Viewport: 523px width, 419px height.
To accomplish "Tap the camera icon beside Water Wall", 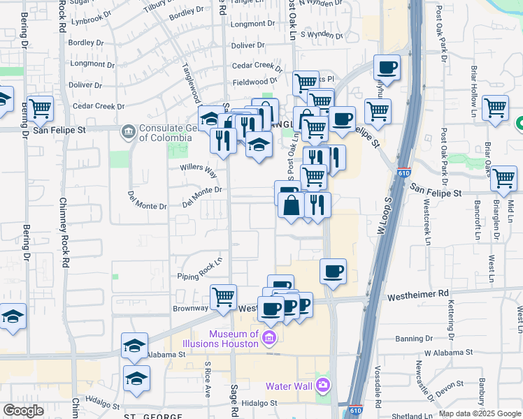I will pos(322,385).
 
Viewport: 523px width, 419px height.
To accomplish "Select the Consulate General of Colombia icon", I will pos(128,131).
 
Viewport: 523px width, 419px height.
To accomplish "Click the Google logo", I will pos(22,411).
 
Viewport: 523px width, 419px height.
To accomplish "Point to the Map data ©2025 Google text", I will pos(480,413).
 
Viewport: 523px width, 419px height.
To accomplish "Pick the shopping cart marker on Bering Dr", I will pos(41,108).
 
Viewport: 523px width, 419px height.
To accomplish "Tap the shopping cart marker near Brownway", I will pos(223,296).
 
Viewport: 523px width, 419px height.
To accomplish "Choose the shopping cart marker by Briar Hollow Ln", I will pos(495,108).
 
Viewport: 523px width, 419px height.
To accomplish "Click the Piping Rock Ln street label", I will pos(199,266).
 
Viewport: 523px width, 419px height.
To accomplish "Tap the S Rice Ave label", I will pos(208,378).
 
